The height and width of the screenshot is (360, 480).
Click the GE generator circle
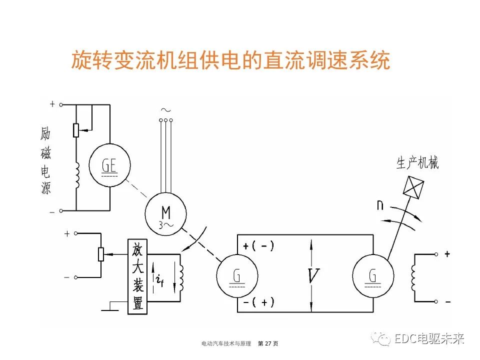[109, 166]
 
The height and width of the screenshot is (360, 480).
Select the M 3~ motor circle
[165, 212]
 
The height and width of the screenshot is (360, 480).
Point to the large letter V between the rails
[313, 275]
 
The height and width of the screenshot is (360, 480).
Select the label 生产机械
[417, 163]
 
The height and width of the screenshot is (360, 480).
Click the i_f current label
[159, 280]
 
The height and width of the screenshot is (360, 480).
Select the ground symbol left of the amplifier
[111, 307]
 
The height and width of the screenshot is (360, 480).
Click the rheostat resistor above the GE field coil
[76, 130]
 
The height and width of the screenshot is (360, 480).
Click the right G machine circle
[373, 276]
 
